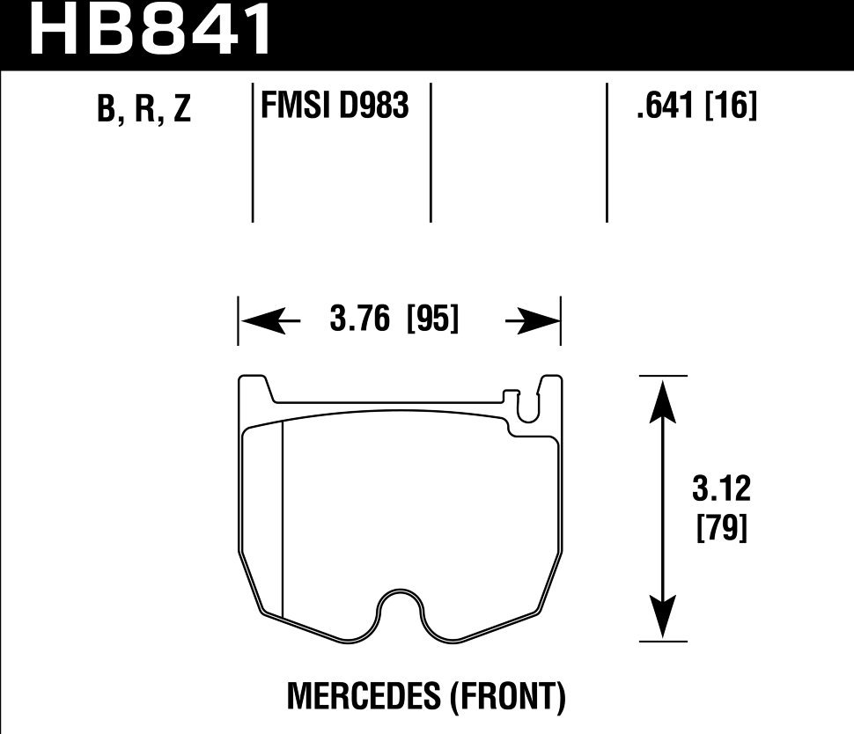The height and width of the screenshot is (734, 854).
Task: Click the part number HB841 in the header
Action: pos(151,31)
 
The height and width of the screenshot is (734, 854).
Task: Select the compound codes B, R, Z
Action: pos(145,110)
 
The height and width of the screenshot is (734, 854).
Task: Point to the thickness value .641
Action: pos(666,106)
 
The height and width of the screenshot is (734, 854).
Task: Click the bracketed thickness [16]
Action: pos(732,106)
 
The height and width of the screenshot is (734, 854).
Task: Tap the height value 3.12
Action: pos(722,489)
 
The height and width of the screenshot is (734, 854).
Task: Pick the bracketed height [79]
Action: pos(722,529)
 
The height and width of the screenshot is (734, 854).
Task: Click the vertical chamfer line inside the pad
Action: pos(282,519)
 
